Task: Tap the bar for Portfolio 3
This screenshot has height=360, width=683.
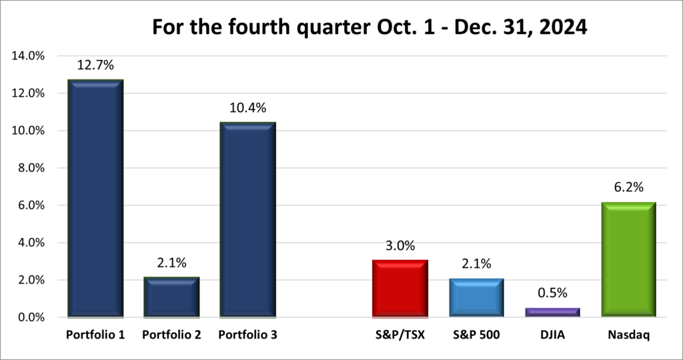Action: pyautogui.click(x=247, y=219)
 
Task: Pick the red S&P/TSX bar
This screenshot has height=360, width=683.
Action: pyautogui.click(x=399, y=288)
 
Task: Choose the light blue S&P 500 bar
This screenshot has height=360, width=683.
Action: pyautogui.click(x=476, y=297)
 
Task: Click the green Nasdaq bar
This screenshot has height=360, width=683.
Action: pyautogui.click(x=628, y=259)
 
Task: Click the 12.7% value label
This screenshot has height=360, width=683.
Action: pyautogui.click(x=95, y=65)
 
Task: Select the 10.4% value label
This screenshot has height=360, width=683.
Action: pyautogui.click(x=247, y=108)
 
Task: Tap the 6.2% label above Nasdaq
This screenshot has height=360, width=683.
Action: pyautogui.click(x=628, y=188)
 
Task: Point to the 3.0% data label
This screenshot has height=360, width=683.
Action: pyautogui.click(x=399, y=245)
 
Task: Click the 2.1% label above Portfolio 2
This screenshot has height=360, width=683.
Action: pyautogui.click(x=171, y=263)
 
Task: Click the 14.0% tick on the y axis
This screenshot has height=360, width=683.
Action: pyautogui.click(x=28, y=56)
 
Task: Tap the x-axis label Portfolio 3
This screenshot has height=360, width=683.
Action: pyautogui.click(x=247, y=335)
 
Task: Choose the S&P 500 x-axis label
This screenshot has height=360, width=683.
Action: pyautogui.click(x=476, y=335)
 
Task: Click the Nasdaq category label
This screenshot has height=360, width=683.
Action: pyautogui.click(x=628, y=335)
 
